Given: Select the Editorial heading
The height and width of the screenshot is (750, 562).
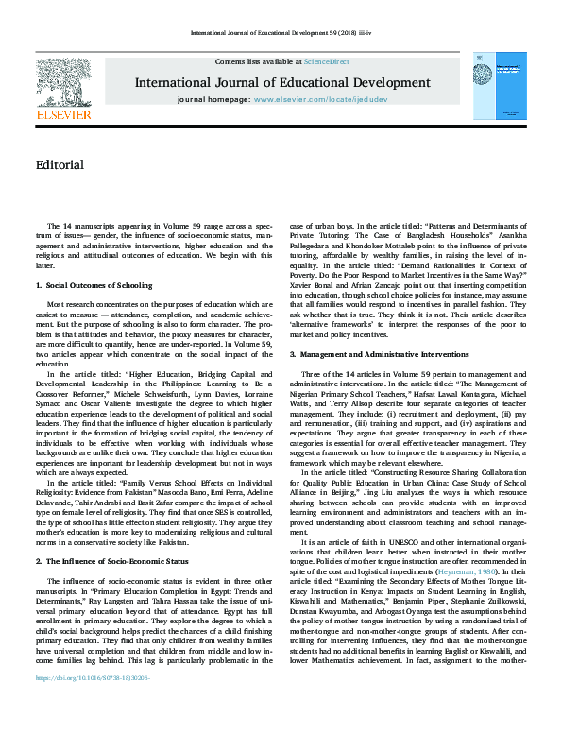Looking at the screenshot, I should [60, 164].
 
